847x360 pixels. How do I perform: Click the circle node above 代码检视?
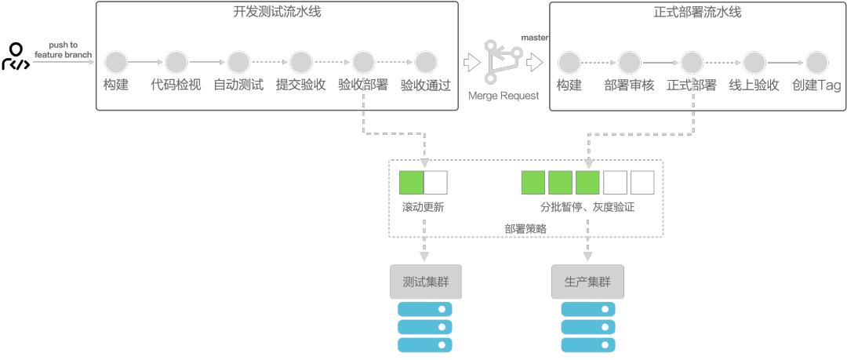(176, 61)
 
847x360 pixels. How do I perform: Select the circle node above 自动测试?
(238, 61)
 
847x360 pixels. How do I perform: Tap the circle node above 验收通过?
(426, 61)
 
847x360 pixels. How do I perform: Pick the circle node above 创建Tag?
(816, 61)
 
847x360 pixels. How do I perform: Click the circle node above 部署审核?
(629, 61)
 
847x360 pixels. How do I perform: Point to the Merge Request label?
(503, 96)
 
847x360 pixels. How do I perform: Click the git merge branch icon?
(503, 61)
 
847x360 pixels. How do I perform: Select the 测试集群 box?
(426, 282)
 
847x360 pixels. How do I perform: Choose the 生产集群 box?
(587, 282)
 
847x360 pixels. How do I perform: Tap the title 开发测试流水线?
(277, 12)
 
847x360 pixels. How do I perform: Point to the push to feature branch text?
(63, 50)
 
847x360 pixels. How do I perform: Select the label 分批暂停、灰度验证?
(587, 208)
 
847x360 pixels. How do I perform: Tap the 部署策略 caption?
(525, 229)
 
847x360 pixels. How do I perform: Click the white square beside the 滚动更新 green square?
(435, 183)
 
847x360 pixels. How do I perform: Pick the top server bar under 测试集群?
(426, 309)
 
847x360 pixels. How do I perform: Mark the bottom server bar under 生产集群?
(587, 344)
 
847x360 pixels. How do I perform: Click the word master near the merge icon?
(535, 38)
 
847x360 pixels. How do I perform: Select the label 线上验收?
(754, 85)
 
